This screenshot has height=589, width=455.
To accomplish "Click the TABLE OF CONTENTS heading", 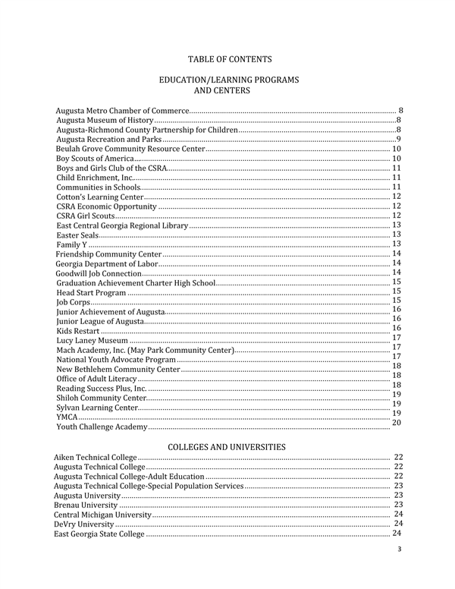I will click(228, 59).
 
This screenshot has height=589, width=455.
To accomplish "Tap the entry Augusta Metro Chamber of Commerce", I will click(122, 112).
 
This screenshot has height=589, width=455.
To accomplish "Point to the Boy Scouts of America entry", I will click(96, 159).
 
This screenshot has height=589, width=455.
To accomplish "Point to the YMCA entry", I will click(66, 417).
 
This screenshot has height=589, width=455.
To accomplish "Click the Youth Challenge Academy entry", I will click(102, 427).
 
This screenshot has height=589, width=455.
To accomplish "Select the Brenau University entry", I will click(86, 505).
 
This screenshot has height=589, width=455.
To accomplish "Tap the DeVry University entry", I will click(83, 524).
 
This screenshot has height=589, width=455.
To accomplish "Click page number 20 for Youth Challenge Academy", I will click(395, 422).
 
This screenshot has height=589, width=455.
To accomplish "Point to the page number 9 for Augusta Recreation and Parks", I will click(398, 140).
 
